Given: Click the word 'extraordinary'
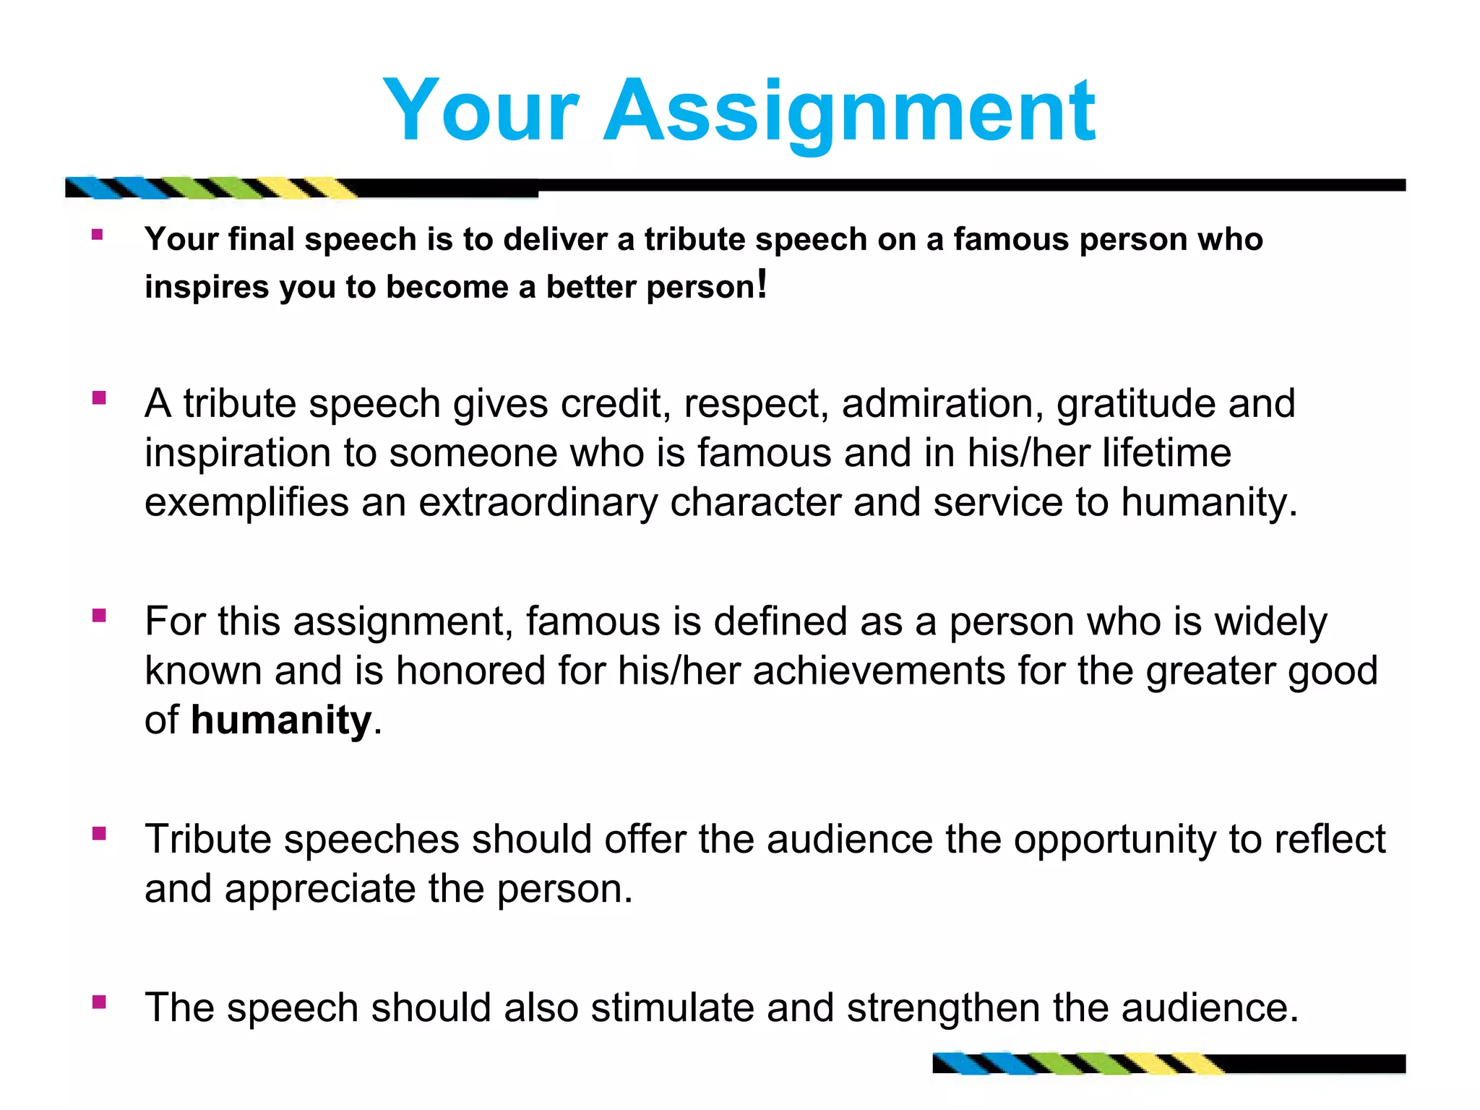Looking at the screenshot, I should pyautogui.click(x=538, y=502).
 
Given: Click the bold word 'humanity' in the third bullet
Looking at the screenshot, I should pyautogui.click(x=281, y=720).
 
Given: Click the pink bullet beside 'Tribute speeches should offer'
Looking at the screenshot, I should pyautogui.click(x=99, y=834).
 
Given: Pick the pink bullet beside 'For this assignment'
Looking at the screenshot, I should pyautogui.click(x=99, y=616).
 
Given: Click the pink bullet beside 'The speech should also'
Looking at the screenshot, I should pyautogui.click(x=99, y=1002).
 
